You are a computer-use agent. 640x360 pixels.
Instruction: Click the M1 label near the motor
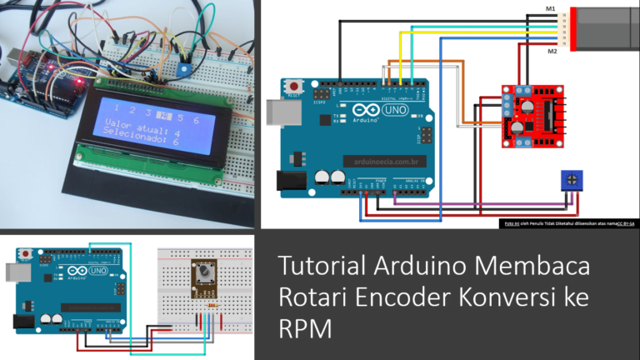point(550,9)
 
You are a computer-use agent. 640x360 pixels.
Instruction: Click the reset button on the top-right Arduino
point(292,86)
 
